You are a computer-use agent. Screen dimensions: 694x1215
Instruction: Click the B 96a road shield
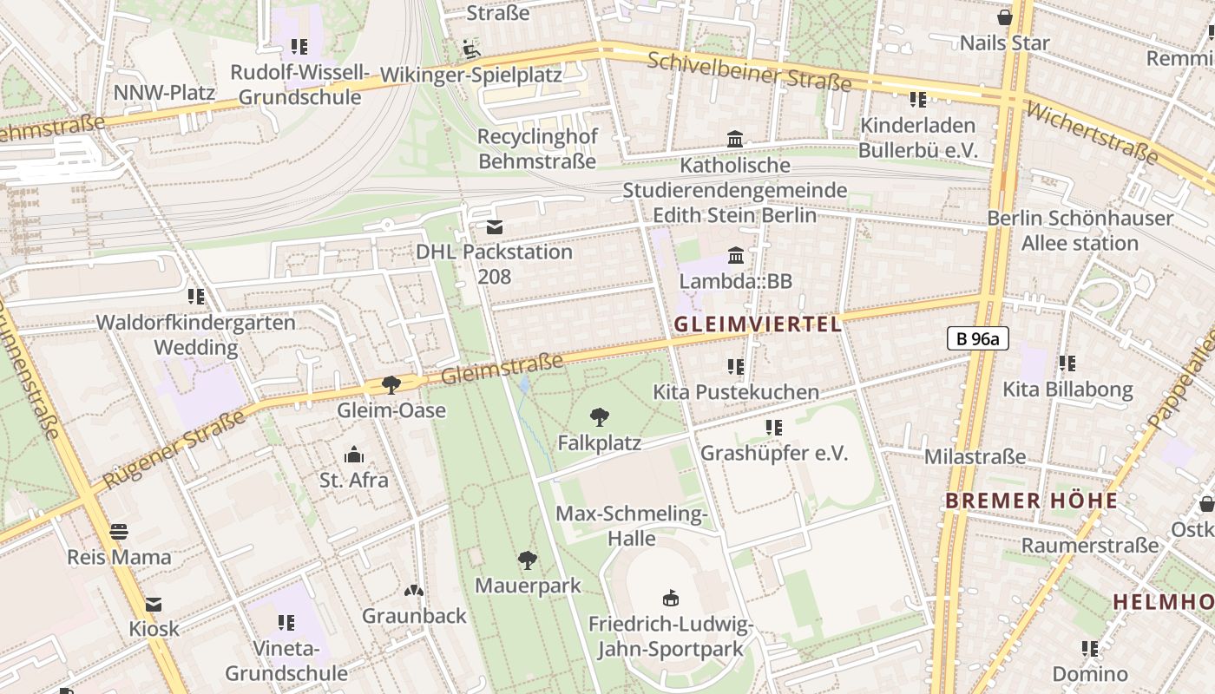(977, 339)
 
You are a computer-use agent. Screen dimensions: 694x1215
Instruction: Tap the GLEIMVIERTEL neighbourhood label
(758, 324)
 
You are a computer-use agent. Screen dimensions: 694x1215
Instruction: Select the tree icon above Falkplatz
(599, 417)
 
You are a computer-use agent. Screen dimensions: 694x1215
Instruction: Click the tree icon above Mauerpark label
(527, 560)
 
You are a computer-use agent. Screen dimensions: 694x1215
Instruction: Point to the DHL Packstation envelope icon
(495, 227)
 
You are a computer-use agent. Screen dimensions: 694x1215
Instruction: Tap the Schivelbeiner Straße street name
(750, 72)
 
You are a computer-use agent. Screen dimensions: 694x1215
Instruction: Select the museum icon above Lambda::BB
(736, 255)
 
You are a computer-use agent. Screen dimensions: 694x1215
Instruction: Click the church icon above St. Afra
(353, 455)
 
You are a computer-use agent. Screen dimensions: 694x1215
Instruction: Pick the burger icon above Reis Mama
(119, 531)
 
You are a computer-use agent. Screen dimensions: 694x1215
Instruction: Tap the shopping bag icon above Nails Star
(1005, 17)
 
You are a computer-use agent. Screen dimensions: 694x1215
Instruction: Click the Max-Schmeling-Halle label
(632, 526)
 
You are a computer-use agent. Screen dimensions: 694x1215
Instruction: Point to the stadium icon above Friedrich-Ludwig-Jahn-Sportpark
(670, 598)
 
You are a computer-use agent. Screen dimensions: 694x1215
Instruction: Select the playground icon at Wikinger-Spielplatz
(470, 49)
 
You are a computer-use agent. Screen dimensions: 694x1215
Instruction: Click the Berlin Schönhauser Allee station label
(1080, 230)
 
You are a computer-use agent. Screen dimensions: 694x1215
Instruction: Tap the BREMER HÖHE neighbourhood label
(1031, 501)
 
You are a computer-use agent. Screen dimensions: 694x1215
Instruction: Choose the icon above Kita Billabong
(1067, 363)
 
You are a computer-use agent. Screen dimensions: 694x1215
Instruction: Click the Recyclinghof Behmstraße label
(537, 148)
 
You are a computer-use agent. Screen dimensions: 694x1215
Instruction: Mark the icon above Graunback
(414, 591)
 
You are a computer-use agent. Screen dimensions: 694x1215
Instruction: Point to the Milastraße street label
(975, 456)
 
